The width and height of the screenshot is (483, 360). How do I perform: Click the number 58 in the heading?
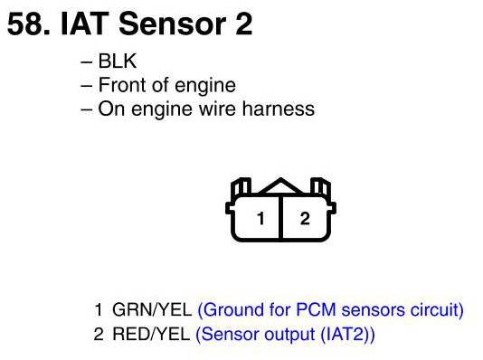point(28,24)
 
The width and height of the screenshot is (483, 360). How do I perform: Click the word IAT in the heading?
point(85,24)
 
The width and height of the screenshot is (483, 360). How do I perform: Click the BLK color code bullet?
point(117,61)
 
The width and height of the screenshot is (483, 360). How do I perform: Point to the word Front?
point(123,85)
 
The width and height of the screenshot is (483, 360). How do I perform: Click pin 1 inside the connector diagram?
point(260,218)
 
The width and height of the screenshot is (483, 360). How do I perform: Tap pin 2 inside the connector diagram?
point(305,218)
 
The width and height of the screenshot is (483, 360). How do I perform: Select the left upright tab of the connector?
point(241,186)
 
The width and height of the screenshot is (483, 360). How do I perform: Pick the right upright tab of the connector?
point(321,186)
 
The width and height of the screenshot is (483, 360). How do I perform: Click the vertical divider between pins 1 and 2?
point(280,217)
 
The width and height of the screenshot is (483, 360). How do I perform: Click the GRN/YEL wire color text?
point(152,309)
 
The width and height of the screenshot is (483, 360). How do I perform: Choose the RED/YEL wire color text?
point(151,334)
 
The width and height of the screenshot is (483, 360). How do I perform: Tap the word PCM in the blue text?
point(316,309)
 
